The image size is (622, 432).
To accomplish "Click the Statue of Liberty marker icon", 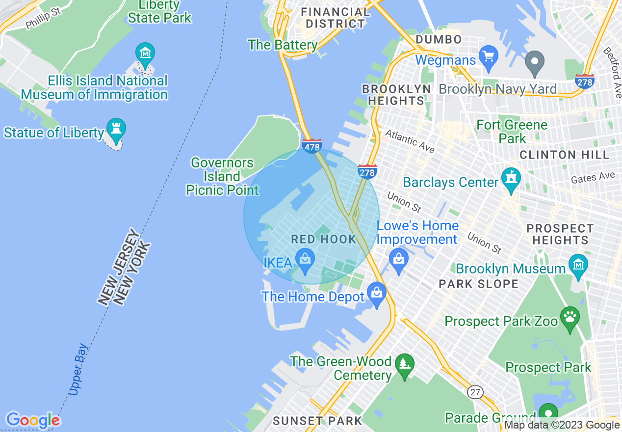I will [116, 129].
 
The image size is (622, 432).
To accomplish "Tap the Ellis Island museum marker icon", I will [145, 53].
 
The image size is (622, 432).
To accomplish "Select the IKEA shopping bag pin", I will [305, 260].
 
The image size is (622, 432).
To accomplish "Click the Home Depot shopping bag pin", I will [377, 294].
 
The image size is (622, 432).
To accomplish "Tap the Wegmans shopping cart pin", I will [489, 57].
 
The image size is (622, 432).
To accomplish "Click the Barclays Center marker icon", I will [511, 178].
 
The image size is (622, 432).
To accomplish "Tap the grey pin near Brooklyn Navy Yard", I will [535, 61].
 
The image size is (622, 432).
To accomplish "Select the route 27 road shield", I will [475, 392].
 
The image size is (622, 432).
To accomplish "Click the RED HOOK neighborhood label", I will [324, 240].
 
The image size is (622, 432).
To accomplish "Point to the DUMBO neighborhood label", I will [439, 39].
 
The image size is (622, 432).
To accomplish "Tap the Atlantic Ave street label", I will [409, 141].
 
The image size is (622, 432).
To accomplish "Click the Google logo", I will [33, 420].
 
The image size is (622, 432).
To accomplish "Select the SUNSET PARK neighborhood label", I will [317, 421].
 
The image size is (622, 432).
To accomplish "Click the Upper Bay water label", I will [78, 370].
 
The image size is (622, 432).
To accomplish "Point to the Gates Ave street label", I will [593, 177].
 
